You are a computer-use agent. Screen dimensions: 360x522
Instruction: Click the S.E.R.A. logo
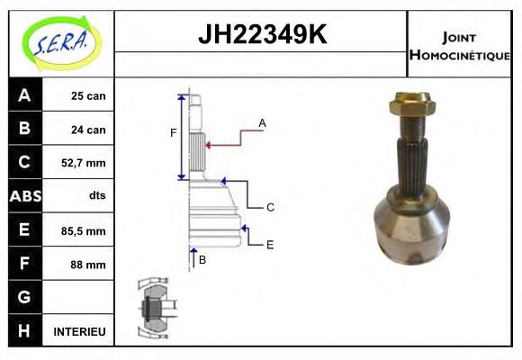[x=61, y=42]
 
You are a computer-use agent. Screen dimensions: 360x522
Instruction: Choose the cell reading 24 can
[x=89, y=130]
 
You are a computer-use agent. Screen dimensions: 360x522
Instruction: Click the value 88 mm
[x=89, y=265]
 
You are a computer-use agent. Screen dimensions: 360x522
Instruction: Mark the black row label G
[x=24, y=297]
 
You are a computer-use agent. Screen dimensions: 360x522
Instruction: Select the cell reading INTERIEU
[x=80, y=331]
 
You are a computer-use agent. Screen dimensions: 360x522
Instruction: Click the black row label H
[x=24, y=331]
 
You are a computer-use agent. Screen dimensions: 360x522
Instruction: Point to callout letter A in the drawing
[x=262, y=122]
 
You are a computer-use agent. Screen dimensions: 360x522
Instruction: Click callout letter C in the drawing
[x=270, y=208]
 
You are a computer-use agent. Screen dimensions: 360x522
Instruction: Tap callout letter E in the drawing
[x=270, y=244]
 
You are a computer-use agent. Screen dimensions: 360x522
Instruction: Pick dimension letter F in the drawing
[x=174, y=134]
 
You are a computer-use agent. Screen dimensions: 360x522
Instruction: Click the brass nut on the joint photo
[x=414, y=108]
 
